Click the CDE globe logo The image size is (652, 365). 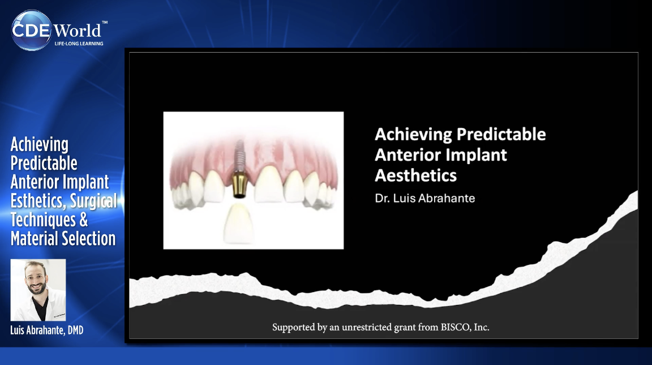32,30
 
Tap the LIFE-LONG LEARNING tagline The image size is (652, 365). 78,44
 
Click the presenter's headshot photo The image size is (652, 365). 38,290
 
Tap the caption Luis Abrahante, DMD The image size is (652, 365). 46,330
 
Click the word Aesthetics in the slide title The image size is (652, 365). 415,175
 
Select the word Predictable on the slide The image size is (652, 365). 501,134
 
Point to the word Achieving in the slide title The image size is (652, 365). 413,134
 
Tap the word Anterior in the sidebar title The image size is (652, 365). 33,182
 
